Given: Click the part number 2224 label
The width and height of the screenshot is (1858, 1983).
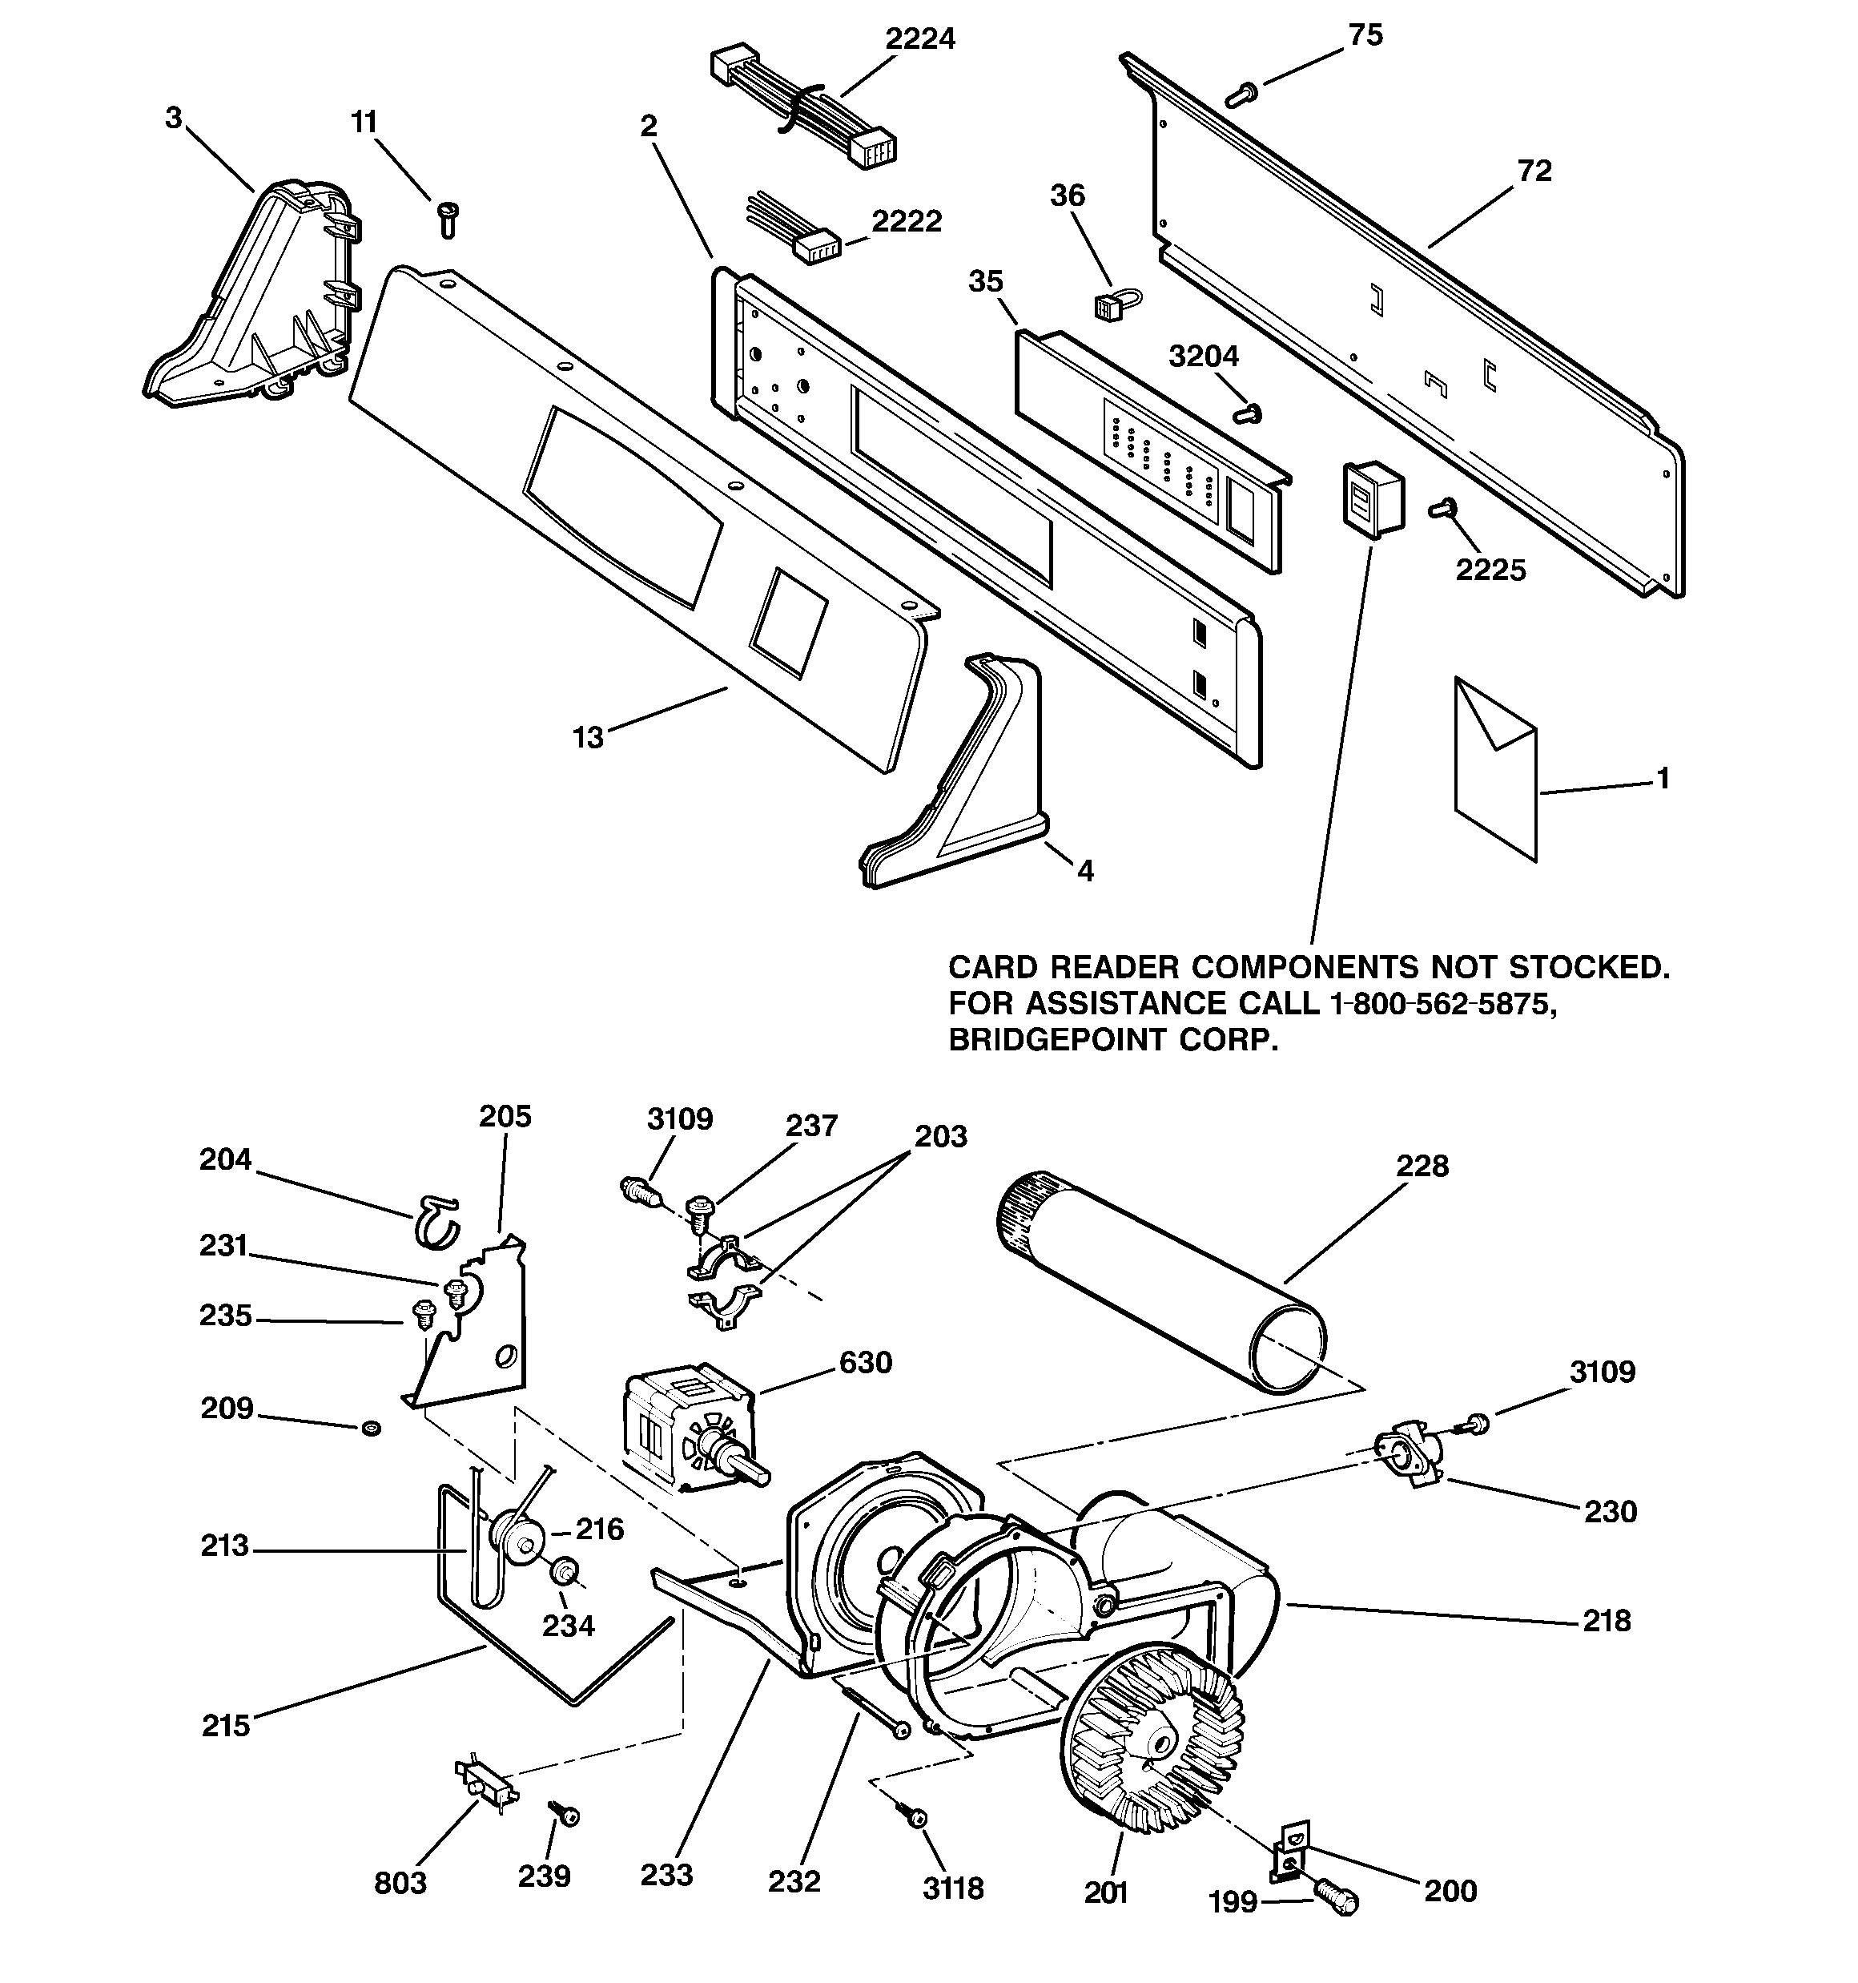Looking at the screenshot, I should point(919,40).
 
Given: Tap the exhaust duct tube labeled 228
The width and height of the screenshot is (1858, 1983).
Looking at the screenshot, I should point(1162,1282).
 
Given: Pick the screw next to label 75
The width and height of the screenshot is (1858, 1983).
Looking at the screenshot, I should point(1241,95).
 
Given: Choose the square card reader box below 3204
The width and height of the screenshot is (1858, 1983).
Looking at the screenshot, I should point(1370,498).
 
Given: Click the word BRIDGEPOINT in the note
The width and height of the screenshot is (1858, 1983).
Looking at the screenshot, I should point(1057,1041).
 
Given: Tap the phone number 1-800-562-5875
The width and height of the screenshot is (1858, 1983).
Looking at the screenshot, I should point(1443,1003).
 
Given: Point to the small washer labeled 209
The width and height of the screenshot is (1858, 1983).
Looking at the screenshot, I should point(371,1429).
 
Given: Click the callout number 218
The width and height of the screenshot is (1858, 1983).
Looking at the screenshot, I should point(1607,1621).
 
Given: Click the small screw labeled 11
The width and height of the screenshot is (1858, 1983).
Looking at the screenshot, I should point(447,216).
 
